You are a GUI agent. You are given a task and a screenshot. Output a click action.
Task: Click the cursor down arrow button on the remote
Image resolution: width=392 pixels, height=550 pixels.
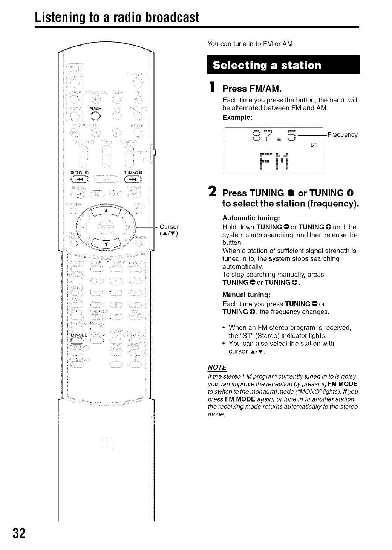[106, 243]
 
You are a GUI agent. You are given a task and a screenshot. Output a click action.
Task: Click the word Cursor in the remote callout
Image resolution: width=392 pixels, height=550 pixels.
[169, 227]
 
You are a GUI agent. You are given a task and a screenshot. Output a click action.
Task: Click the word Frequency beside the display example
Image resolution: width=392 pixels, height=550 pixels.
[342, 135]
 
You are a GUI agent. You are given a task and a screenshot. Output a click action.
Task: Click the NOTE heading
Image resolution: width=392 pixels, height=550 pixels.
[217, 367]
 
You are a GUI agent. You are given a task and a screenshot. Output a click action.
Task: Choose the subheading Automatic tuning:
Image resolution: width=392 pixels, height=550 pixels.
[251, 218]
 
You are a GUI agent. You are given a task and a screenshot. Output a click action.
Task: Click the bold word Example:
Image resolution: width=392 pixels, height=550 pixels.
[237, 117]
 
